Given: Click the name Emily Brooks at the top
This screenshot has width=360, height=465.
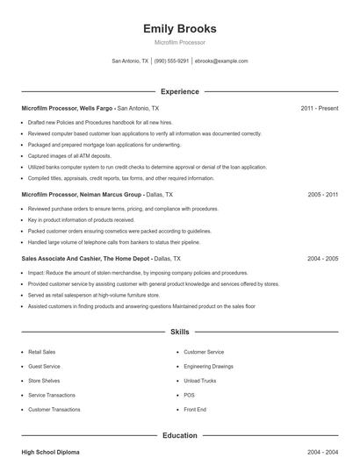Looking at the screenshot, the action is [179, 29].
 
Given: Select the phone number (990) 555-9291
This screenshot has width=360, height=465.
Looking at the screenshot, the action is [171, 61].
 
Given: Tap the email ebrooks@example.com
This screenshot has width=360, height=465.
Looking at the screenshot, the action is [221, 61].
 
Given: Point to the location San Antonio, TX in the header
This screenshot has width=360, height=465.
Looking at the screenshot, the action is [130, 61].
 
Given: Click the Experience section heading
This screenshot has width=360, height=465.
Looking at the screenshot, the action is [179, 91].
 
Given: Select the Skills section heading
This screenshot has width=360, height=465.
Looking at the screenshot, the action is [179, 333].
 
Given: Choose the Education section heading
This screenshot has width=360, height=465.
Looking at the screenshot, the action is [179, 435].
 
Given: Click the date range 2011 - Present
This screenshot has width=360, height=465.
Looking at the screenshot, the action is [319, 108].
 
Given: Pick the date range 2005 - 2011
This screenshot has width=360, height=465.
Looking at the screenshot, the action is [322, 194].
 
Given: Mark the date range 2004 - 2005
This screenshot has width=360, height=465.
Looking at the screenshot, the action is [322, 259].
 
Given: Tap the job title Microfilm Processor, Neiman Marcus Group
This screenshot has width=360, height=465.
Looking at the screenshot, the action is [82, 194].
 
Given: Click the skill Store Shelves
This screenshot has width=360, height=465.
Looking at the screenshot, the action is [44, 380].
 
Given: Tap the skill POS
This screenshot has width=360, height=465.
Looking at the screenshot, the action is [188, 395].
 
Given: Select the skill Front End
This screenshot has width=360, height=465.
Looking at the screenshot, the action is [194, 409].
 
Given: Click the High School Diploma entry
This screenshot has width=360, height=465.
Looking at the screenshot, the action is [50, 452].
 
